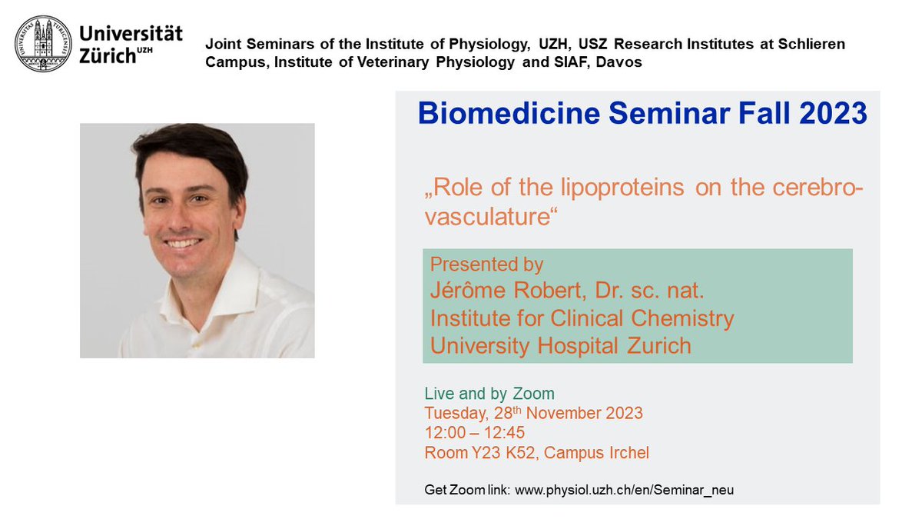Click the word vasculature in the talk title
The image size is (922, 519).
click(489, 218)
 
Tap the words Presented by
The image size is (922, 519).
click(486, 265)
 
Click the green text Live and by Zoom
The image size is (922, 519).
click(489, 394)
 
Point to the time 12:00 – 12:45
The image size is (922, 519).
click(475, 433)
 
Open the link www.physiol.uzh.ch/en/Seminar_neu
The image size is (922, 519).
click(624, 490)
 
